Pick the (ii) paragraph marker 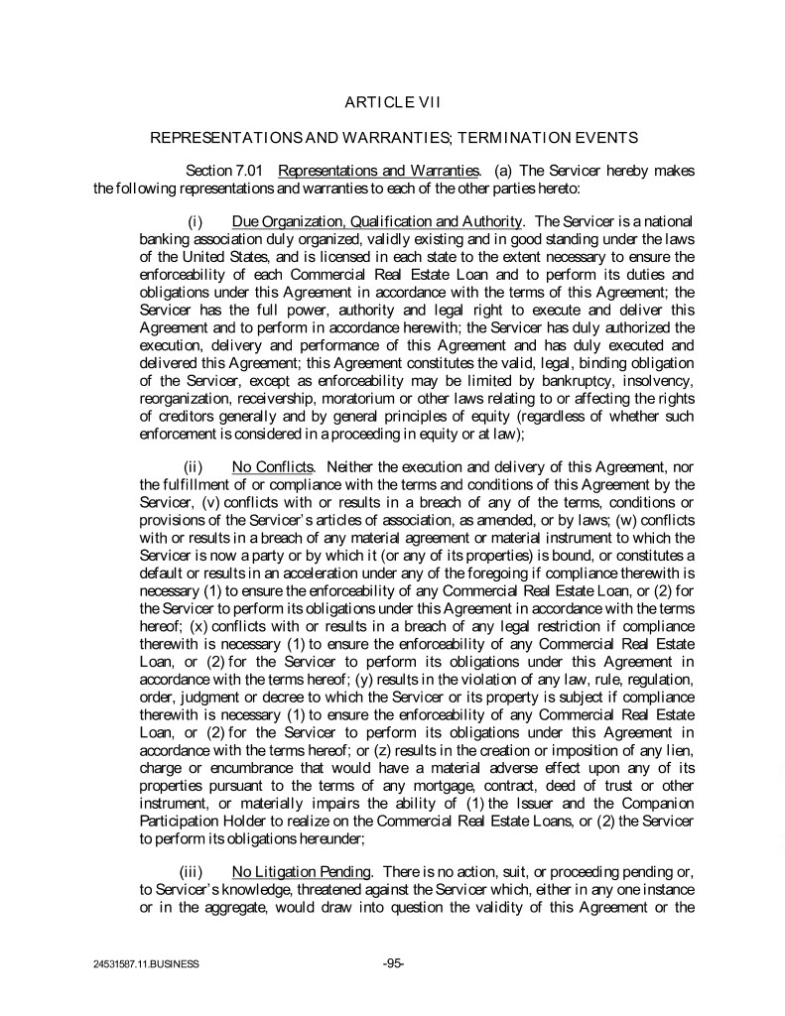[195, 465]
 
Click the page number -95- [392, 962]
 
